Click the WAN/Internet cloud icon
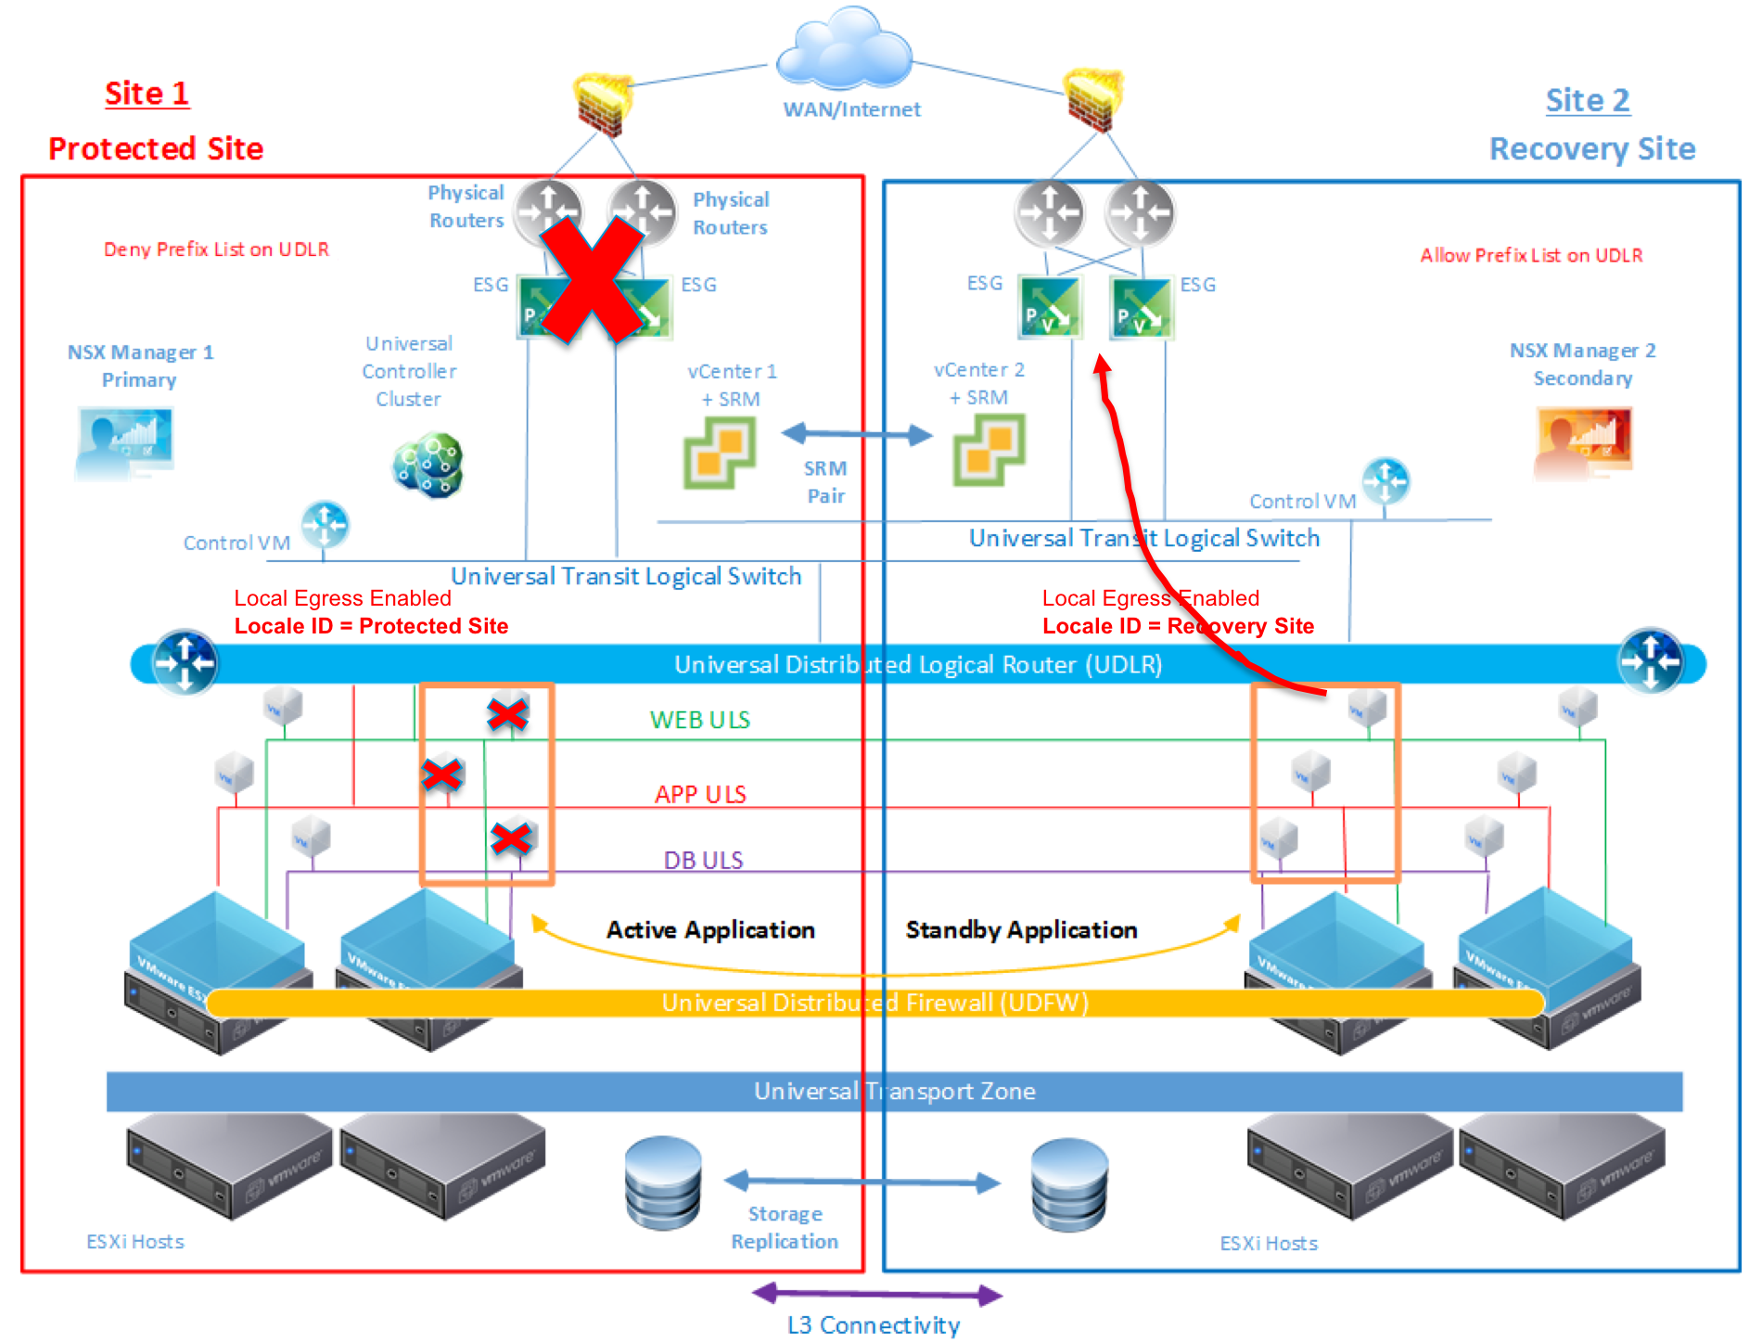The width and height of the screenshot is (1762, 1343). tap(844, 51)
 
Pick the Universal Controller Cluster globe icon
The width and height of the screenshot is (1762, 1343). tap(428, 465)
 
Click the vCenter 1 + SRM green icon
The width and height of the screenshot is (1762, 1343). tap(720, 452)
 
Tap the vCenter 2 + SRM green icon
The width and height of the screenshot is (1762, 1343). tap(989, 450)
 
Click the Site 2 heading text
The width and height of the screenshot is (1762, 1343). tap(1587, 100)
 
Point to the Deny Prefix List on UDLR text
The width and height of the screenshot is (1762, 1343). tap(216, 249)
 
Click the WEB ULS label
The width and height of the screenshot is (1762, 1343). tap(700, 720)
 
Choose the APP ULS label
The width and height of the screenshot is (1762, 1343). tap(700, 794)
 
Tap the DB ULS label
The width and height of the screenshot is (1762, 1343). tap(703, 860)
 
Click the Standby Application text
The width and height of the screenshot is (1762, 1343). tap(1021, 929)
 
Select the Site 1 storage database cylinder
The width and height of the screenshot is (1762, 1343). tap(663, 1183)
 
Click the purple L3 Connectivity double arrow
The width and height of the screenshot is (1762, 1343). tap(876, 1294)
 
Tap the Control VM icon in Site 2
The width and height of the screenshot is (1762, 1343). tap(1385, 480)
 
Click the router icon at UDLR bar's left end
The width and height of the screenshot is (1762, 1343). tap(185, 662)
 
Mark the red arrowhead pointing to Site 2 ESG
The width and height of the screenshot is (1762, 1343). tap(1102, 365)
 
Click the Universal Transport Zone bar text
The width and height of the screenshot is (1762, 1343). tap(894, 1091)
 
